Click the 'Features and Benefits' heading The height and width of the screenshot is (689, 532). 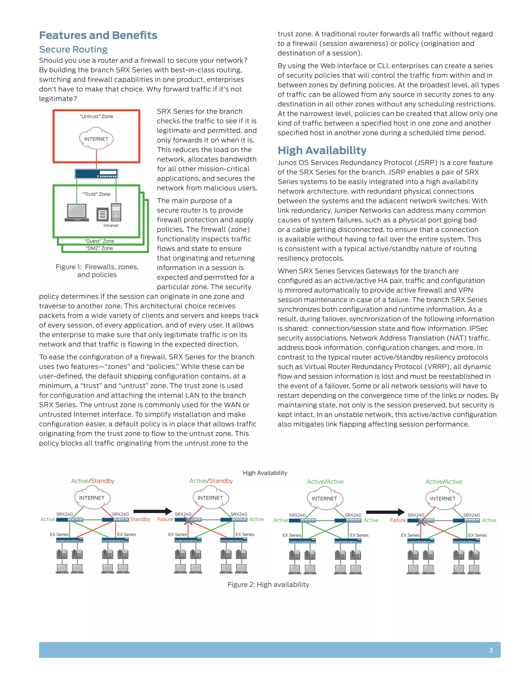pos(98,35)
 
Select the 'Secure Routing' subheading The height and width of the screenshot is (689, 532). pos(73,49)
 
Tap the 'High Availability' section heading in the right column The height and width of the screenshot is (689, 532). pos(322,151)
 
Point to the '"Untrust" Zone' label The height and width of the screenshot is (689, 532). pos(96,116)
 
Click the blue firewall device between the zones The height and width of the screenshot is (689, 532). pos(96,173)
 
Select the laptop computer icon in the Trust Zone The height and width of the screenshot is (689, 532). pos(77,212)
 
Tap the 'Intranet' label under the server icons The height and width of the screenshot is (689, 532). pos(111,226)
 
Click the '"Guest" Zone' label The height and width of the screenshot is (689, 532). pos(99,241)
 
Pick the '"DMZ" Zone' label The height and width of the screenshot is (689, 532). pos(99,248)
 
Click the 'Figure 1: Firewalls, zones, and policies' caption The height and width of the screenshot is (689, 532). pos(97,271)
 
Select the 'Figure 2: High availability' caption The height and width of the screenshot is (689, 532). pos(268,584)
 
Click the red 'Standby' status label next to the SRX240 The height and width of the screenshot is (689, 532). pos(140,519)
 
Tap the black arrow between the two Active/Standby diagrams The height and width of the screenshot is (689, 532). pos(153,511)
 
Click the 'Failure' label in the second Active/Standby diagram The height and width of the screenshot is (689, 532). pos(165,519)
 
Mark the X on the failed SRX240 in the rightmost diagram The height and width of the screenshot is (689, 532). pos(421,522)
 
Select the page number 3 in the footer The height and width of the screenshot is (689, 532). pos(491,650)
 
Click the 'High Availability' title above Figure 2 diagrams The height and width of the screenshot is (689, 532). pos(265,473)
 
